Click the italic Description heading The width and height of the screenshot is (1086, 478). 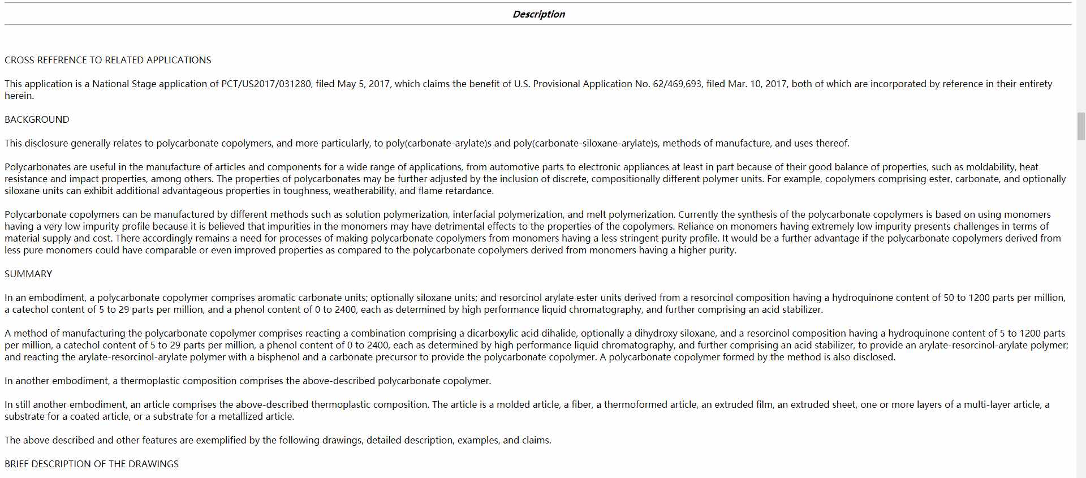coord(538,14)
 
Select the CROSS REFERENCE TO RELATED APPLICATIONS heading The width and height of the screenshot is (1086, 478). coord(107,60)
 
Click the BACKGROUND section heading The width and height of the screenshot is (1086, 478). coord(37,119)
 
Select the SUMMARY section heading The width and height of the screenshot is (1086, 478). coord(28,274)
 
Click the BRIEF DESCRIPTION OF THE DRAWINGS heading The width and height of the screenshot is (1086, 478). coord(92,464)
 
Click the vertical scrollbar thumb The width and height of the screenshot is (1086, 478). coord(1081,126)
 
